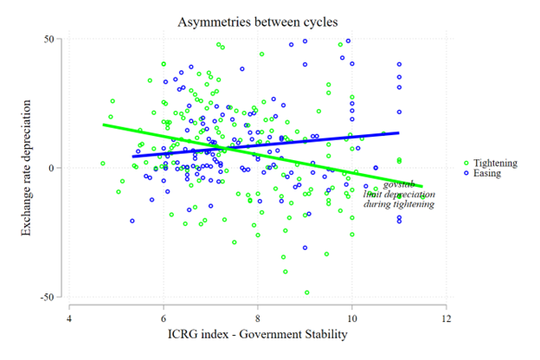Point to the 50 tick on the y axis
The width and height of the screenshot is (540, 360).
pyautogui.click(x=50, y=39)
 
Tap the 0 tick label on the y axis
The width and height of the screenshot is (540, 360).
pyautogui.click(x=53, y=168)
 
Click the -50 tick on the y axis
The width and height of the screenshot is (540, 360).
pyautogui.click(x=48, y=297)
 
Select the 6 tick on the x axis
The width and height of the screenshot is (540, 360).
pyautogui.click(x=164, y=318)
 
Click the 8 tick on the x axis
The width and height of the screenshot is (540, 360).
pyautogui.click(x=258, y=318)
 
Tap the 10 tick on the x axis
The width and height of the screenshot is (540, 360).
pyautogui.click(x=351, y=318)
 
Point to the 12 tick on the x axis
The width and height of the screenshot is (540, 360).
pyautogui.click(x=446, y=318)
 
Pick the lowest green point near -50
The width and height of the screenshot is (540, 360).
pyautogui.click(x=306, y=292)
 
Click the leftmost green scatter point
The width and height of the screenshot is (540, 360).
pyautogui.click(x=103, y=163)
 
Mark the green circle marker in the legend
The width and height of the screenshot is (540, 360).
pyautogui.click(x=466, y=162)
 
